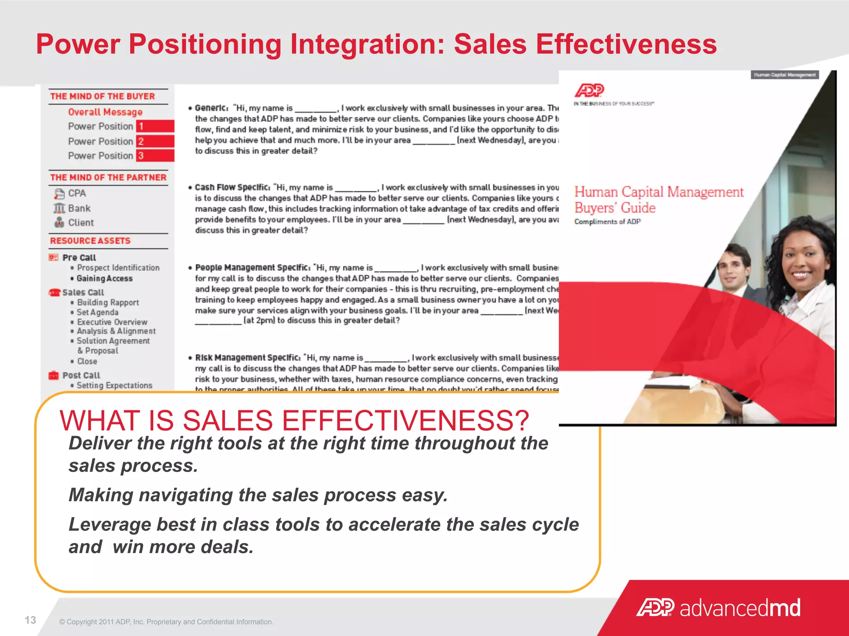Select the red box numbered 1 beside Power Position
tap(155, 126)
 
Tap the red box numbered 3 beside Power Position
tap(155, 156)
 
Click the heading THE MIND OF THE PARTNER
tap(108, 178)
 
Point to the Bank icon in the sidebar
tap(59, 208)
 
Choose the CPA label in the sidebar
tap(77, 193)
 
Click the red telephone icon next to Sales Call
tap(54, 292)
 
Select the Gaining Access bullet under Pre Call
tap(104, 279)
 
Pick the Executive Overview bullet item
tap(112, 322)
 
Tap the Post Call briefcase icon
tap(53, 375)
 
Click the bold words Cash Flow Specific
tap(233, 187)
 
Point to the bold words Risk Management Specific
tap(247, 357)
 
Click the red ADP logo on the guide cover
tap(589, 90)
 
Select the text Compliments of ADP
tap(607, 222)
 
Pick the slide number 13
tap(30, 620)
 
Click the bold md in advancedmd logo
tap(785, 608)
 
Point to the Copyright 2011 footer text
tap(166, 622)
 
